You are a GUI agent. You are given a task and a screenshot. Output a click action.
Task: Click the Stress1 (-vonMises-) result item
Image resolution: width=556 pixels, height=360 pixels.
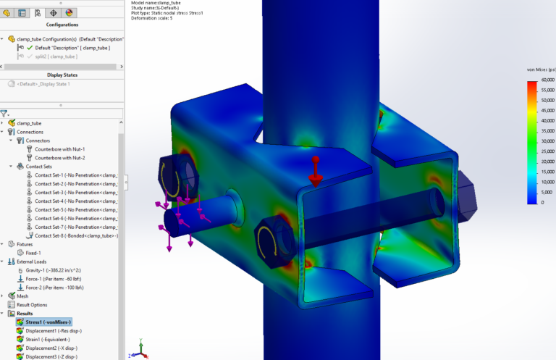(x=48, y=322)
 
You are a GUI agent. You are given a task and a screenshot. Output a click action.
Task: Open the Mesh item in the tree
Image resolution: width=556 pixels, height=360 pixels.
(x=22, y=296)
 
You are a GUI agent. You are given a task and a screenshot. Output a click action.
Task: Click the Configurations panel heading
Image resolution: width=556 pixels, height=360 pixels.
(x=62, y=25)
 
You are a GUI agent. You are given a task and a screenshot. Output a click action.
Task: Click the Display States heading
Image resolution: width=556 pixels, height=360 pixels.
(x=62, y=75)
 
